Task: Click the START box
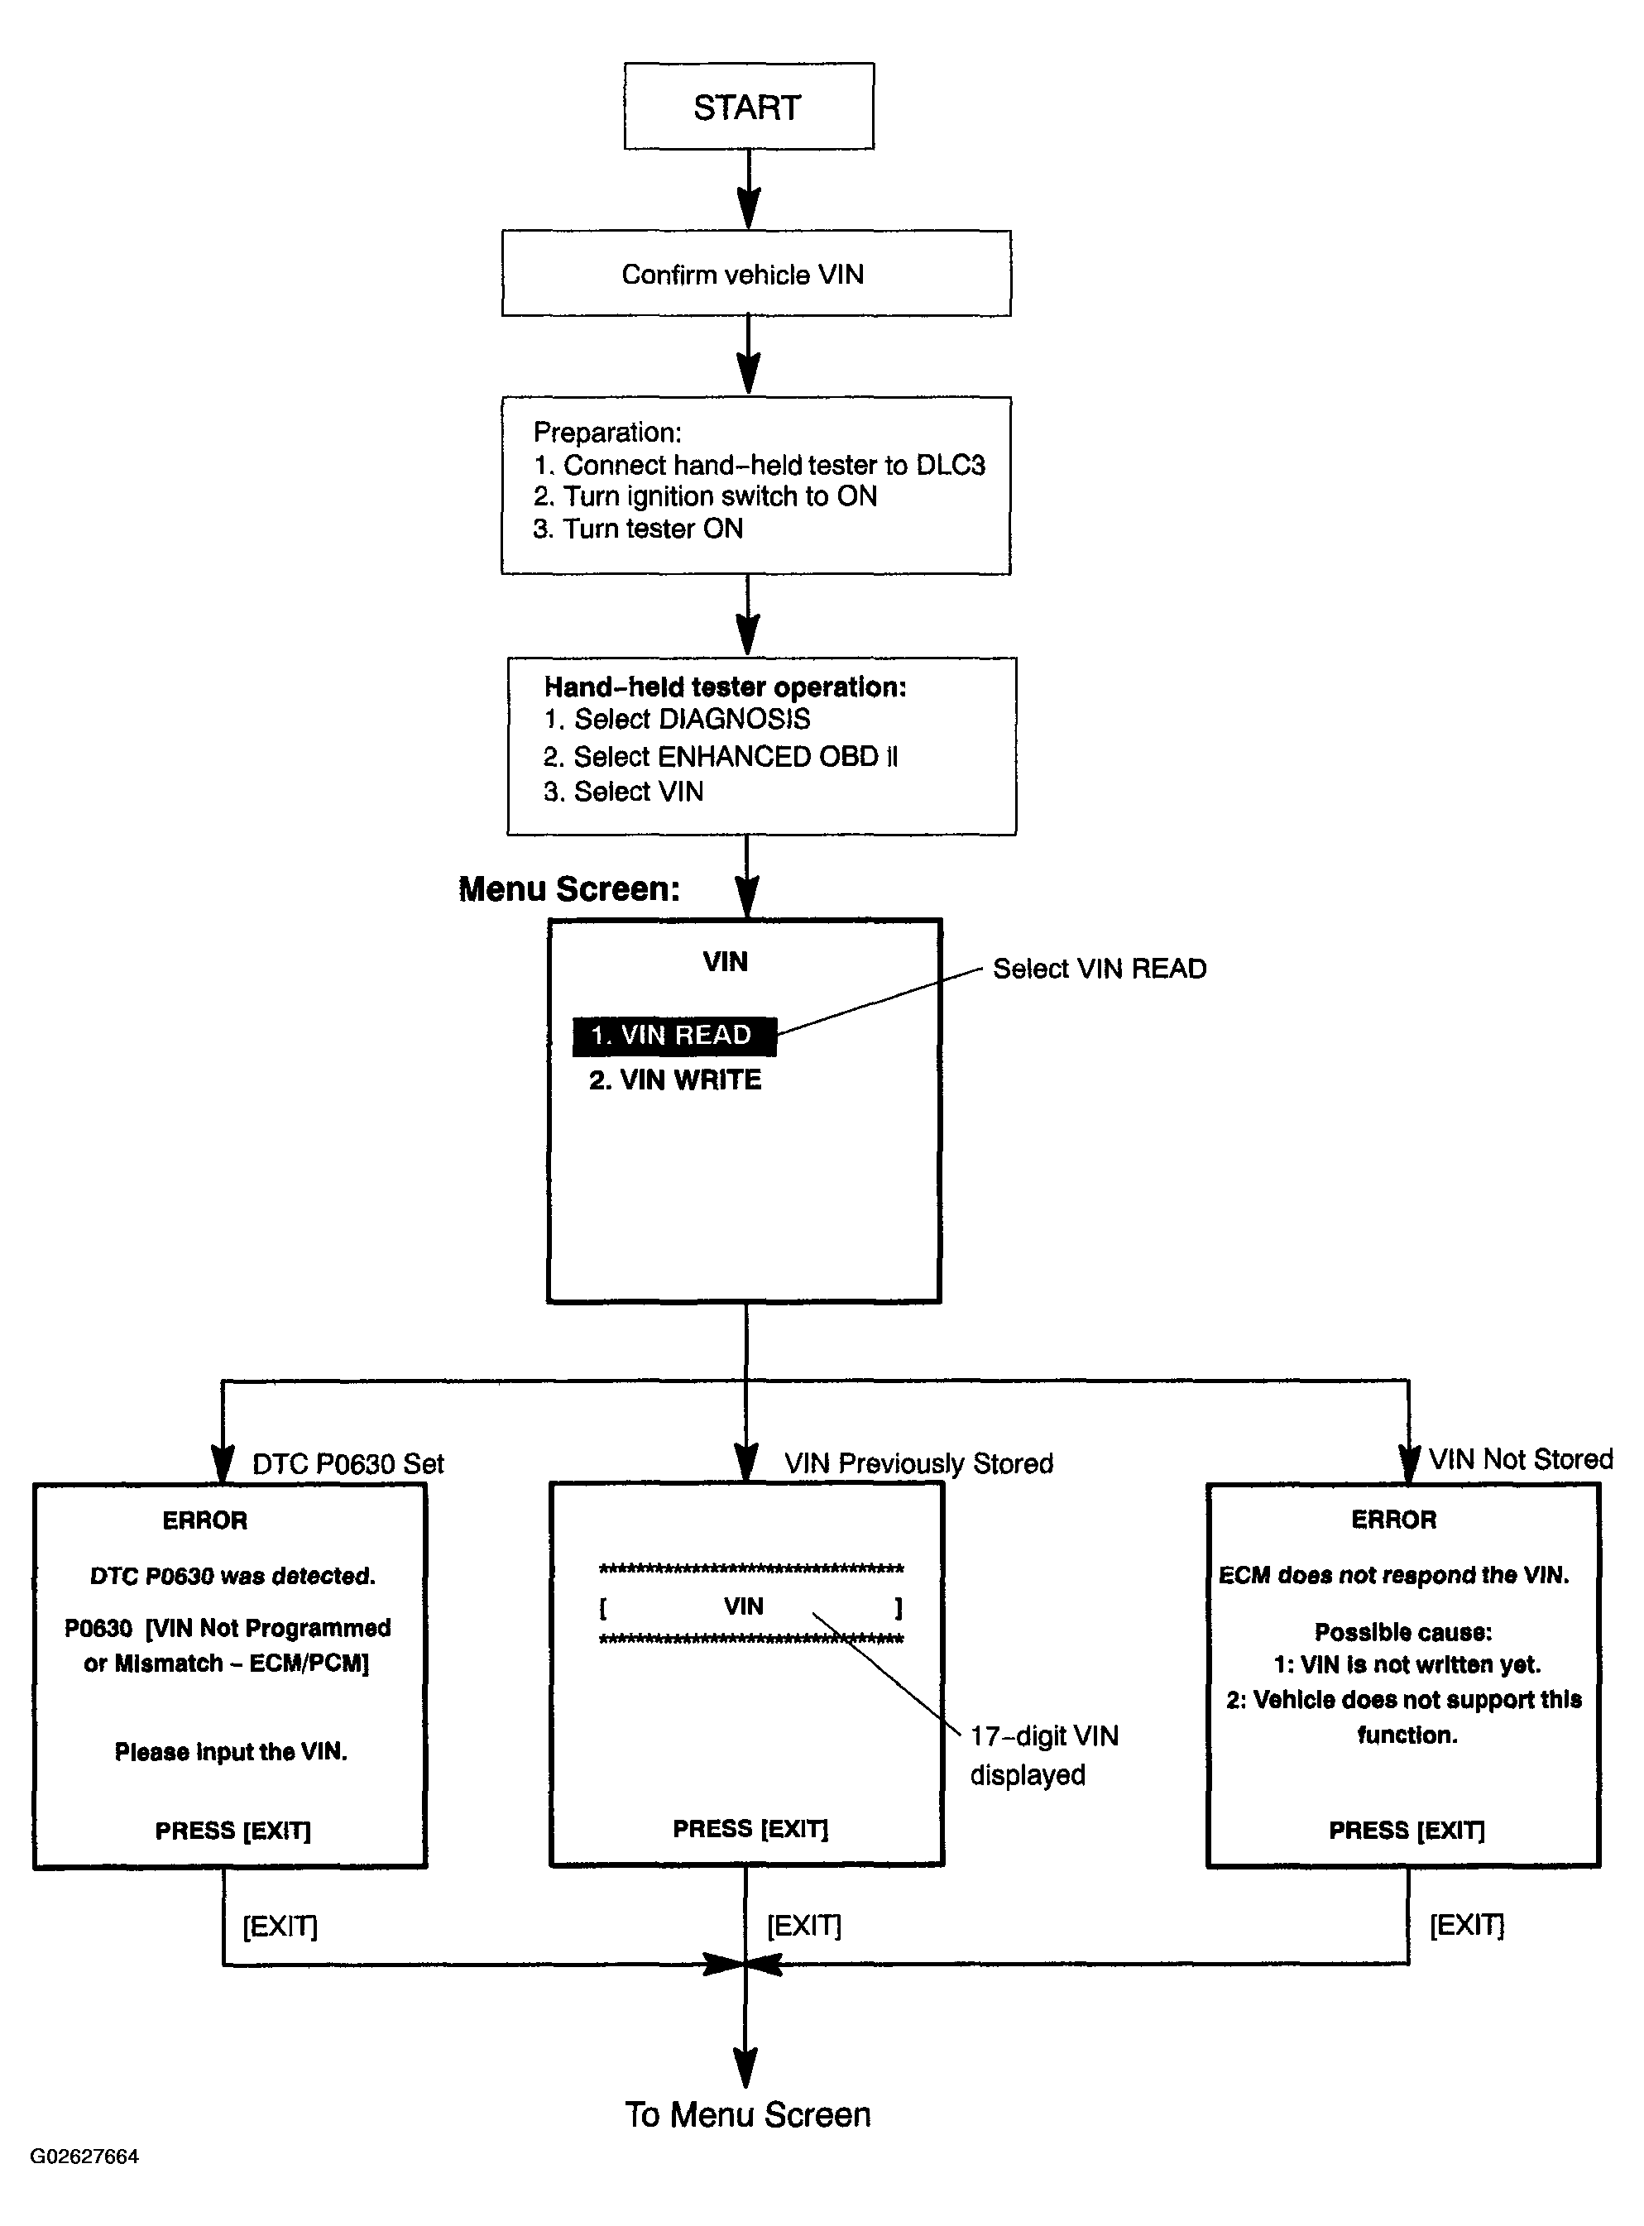[748, 107]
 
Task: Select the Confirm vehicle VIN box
[756, 274]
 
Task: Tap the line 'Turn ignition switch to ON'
[706, 496]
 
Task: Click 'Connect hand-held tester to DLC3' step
[760, 465]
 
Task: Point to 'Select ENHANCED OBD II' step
[721, 756]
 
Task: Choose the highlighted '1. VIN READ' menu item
[673, 1036]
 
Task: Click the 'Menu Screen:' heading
[569, 888]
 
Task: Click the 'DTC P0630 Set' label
[348, 1464]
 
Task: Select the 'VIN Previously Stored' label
[918, 1464]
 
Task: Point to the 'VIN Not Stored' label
[1521, 1459]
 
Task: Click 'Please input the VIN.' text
[231, 1751]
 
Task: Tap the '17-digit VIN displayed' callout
[1044, 1755]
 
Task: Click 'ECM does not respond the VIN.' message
[1393, 1575]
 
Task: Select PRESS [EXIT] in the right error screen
[1407, 1830]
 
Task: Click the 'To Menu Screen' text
[747, 2114]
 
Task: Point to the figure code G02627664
[84, 2157]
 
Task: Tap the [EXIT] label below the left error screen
[280, 1927]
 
